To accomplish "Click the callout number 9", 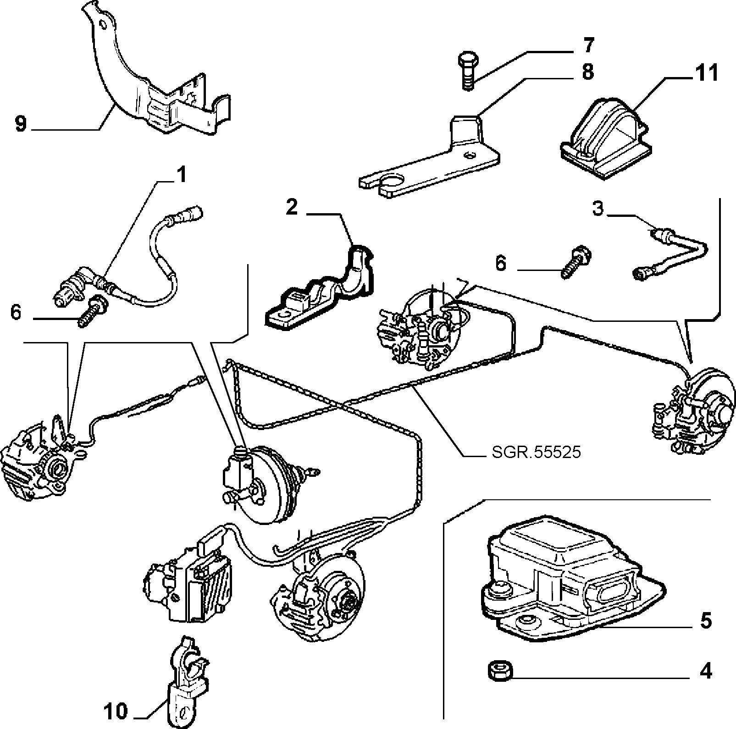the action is tap(21, 123).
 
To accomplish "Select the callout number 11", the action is tap(706, 73).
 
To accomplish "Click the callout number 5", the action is tap(706, 620).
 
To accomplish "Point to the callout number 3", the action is tap(598, 209).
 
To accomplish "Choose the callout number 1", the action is tap(182, 175).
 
